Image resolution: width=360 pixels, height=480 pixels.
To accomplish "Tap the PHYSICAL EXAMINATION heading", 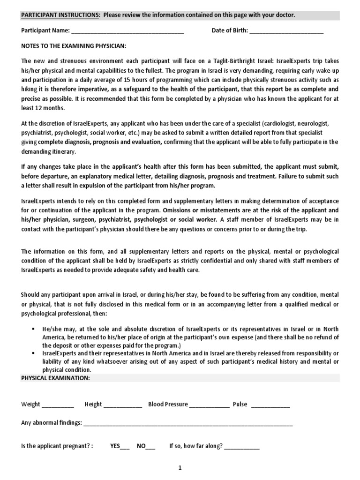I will click(55, 378).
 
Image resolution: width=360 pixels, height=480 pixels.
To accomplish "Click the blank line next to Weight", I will click(58, 405).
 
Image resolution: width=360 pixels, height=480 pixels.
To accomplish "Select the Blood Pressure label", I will click(168, 404).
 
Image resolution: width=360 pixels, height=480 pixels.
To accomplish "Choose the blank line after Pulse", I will click(270, 405).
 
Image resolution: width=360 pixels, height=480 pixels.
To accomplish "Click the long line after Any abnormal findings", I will click(188, 423).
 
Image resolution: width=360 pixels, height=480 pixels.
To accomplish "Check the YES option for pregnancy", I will click(120, 446).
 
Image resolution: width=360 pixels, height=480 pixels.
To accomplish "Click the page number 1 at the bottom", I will click(180, 467).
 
